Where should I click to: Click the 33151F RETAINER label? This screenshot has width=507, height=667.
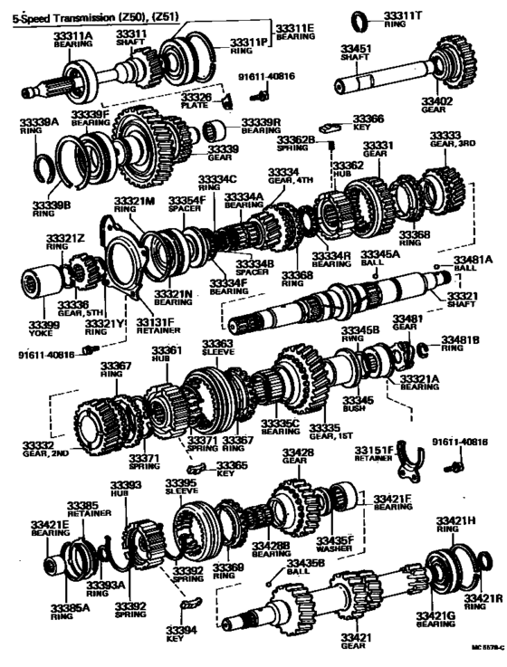[x=374, y=453]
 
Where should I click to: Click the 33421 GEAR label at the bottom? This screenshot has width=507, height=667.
[x=358, y=642]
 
